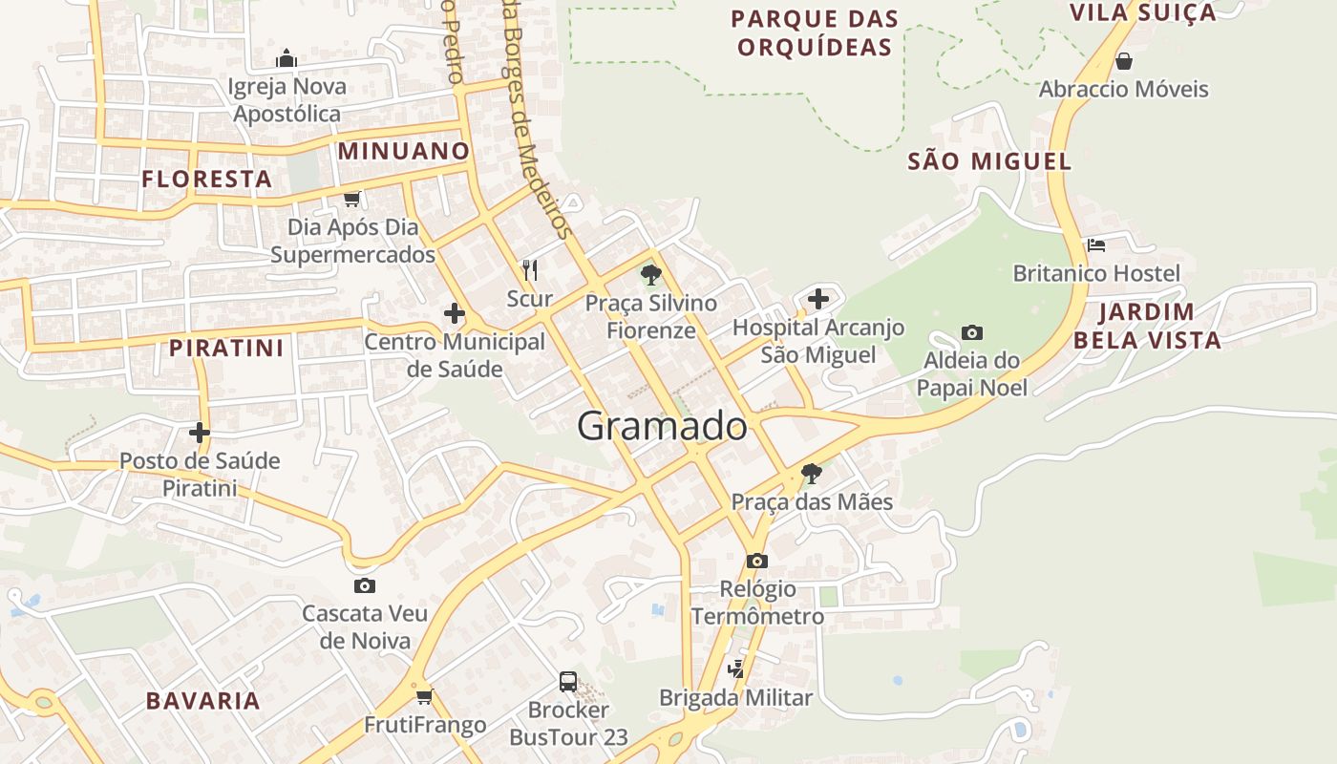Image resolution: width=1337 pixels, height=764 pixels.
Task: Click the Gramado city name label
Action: tap(662, 426)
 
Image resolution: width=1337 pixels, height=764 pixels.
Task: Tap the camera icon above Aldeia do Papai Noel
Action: tap(972, 333)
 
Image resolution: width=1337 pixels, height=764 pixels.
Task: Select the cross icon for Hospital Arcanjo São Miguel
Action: tap(818, 299)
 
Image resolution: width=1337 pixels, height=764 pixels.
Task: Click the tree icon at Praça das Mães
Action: tap(812, 473)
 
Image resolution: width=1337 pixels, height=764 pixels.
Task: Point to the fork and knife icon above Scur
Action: tap(530, 270)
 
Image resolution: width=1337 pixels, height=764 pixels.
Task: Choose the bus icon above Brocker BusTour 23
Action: tap(568, 682)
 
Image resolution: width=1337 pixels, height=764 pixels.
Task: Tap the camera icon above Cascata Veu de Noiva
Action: tap(364, 585)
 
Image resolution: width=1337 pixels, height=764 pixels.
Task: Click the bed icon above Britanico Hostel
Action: tap(1096, 245)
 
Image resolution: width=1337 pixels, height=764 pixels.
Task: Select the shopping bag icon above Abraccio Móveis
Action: tap(1124, 61)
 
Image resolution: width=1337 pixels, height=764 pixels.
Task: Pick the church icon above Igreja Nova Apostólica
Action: tap(286, 59)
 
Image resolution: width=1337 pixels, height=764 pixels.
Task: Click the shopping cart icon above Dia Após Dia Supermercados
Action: tap(352, 199)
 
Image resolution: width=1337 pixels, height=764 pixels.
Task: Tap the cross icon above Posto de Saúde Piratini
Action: tap(199, 433)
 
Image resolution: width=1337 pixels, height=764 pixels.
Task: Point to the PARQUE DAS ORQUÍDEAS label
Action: tap(816, 32)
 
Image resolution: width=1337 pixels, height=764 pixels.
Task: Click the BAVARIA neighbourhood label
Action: tap(202, 701)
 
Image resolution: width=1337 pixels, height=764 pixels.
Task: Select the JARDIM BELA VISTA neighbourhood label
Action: tap(1147, 326)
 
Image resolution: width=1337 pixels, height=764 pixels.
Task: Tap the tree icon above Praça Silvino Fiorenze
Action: tap(651, 276)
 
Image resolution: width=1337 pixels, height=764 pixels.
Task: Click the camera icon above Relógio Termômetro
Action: tap(757, 561)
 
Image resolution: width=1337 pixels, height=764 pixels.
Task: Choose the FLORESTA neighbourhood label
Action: tap(207, 179)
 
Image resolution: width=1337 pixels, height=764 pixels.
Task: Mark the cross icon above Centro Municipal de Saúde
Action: tap(455, 313)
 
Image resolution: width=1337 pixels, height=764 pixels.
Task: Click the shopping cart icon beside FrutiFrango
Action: tap(424, 697)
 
